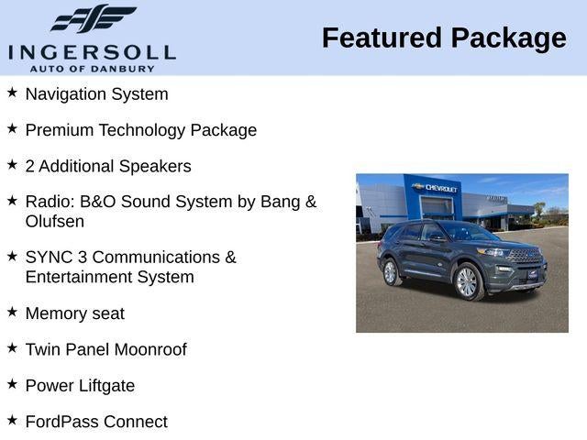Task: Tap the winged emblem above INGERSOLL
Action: [93, 19]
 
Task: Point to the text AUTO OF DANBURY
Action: [92, 68]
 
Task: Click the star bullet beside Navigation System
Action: [12, 93]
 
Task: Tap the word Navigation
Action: [64, 93]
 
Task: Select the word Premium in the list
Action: [60, 130]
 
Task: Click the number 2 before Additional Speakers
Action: [30, 166]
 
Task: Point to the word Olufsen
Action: [54, 221]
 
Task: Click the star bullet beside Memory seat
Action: [12, 312]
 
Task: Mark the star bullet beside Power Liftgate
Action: [12, 384]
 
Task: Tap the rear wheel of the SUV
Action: [390, 272]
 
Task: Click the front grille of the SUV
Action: [526, 256]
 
